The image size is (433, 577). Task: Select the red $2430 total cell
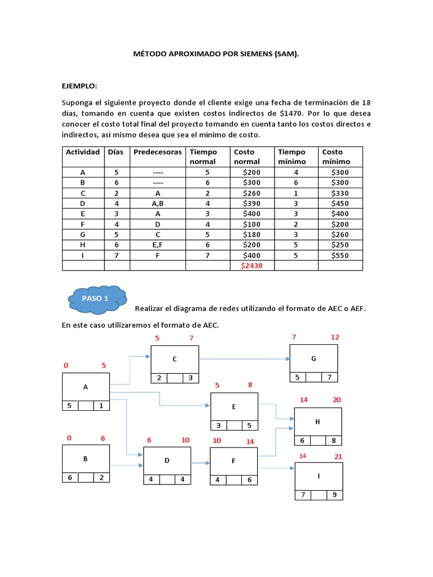pos(252,265)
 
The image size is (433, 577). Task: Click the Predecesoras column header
pos(157,152)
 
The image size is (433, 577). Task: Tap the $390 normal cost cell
pos(252,203)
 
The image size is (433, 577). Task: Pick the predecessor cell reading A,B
pos(157,203)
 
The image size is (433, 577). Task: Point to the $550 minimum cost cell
pos(341,255)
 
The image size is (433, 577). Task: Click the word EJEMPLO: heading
pos(79,86)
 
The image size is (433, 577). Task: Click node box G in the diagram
pos(313,358)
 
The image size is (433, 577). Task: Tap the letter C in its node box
pos(175,359)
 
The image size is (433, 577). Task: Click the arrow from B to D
pos(126,465)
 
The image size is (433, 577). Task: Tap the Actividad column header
pos(83,152)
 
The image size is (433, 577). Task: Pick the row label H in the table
pos(83,245)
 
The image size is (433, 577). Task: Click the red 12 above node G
pos(335,337)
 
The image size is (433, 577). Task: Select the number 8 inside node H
pos(333,441)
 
